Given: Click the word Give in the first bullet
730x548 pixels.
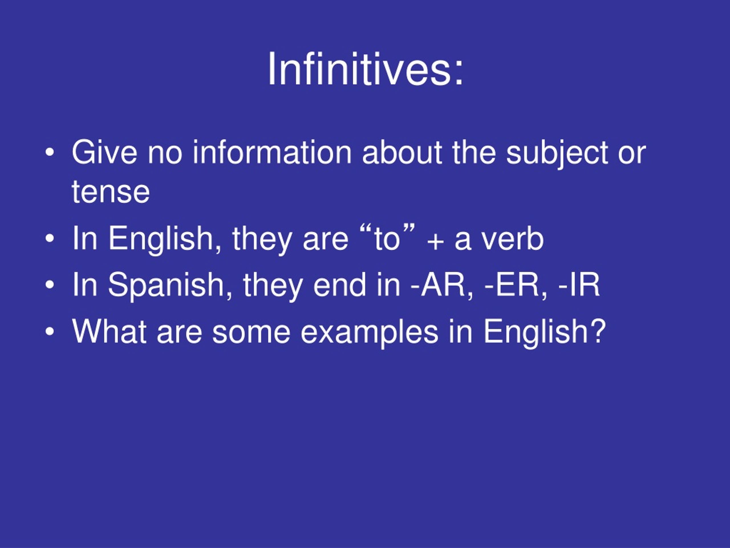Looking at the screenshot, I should tap(104, 152).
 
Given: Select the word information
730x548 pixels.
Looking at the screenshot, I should tap(272, 152).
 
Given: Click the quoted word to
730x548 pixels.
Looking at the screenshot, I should tap(386, 239).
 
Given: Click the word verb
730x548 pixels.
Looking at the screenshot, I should tap(512, 239).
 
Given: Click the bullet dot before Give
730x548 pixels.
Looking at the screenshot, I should tap(50, 153).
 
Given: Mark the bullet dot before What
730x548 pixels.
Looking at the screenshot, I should tap(50, 332).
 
